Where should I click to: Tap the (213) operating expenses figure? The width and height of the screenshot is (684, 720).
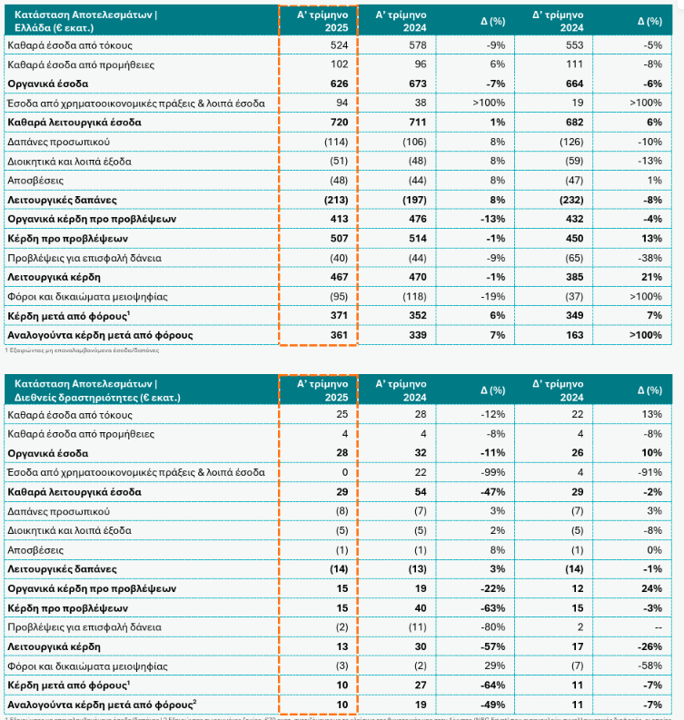336,199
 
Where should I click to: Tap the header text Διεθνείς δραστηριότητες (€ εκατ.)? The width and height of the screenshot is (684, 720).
97,397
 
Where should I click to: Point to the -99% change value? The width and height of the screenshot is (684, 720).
494,472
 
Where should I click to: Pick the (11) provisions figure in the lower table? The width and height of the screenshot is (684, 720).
419,627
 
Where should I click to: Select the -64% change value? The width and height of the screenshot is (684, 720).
494,685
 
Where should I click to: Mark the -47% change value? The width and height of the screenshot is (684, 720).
493,491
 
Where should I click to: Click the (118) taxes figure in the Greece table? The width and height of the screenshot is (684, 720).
415,296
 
